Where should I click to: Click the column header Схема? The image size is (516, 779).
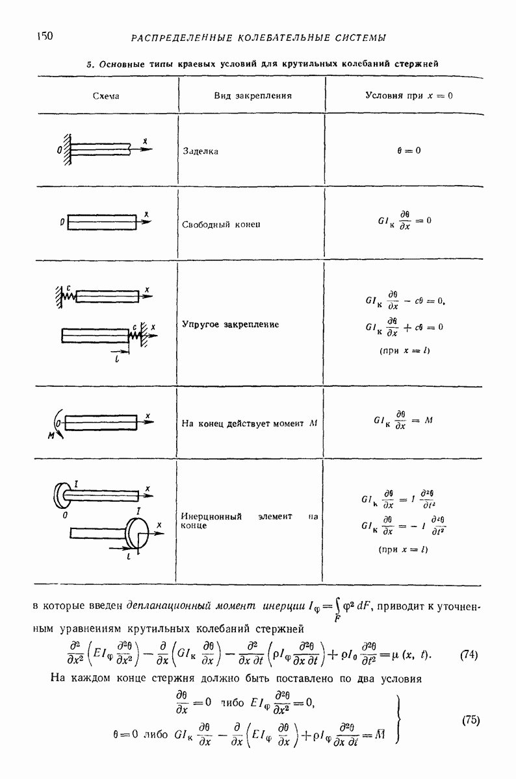tap(107, 95)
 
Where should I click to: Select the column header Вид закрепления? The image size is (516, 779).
tap(252, 95)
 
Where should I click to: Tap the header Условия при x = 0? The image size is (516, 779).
tap(409, 95)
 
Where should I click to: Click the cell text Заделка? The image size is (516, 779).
tap(201, 151)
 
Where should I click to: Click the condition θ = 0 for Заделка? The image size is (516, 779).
tap(409, 151)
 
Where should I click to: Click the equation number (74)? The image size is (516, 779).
tap(469, 654)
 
